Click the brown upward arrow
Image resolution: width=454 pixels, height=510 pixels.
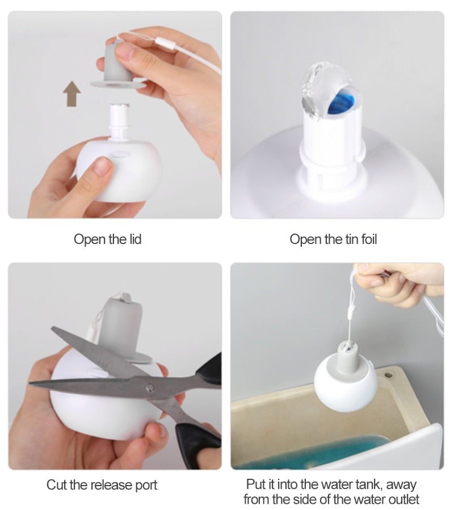[x=72, y=94]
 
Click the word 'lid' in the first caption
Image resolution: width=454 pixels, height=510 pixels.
[x=134, y=239]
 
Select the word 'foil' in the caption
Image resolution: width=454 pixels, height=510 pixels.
[x=369, y=239]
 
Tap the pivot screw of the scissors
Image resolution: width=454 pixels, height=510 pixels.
[x=149, y=387]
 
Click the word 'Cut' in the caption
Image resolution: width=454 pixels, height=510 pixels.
[x=57, y=484]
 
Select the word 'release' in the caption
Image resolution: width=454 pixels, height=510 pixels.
[x=107, y=484]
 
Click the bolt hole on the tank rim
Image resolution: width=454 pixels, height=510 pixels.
[x=388, y=374]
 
